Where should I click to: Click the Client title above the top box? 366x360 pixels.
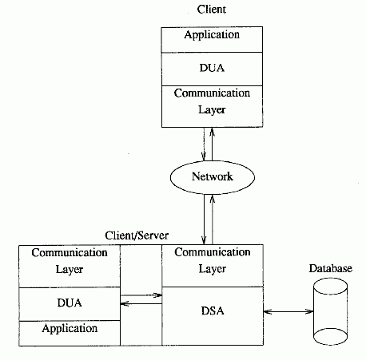[x=212, y=10]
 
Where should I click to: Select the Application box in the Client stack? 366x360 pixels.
[x=212, y=39]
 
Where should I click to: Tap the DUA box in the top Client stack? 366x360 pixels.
[x=212, y=69]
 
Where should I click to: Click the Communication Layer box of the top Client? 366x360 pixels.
[x=212, y=106]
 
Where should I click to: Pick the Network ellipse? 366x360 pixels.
[x=213, y=177]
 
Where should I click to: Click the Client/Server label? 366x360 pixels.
[x=137, y=235]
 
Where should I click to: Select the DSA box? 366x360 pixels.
[x=213, y=316]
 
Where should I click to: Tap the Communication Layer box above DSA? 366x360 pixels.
[x=213, y=266]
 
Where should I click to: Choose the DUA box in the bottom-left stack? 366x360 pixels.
[x=70, y=304]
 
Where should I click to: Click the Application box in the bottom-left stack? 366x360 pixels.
[x=70, y=333]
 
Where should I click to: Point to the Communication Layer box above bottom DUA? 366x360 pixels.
[x=70, y=267]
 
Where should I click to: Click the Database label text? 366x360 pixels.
[x=331, y=268]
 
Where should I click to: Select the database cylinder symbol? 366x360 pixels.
[x=330, y=311]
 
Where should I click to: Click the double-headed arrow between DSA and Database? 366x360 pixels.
[x=288, y=311]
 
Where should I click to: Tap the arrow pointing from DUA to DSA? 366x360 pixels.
[x=141, y=295]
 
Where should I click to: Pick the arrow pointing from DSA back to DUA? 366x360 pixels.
[x=141, y=303]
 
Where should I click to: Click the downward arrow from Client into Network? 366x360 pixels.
[x=204, y=144]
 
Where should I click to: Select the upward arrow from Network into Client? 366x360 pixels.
[x=213, y=144]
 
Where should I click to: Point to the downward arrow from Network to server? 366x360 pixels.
[x=204, y=220]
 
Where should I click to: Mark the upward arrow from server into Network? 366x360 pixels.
[x=213, y=220]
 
